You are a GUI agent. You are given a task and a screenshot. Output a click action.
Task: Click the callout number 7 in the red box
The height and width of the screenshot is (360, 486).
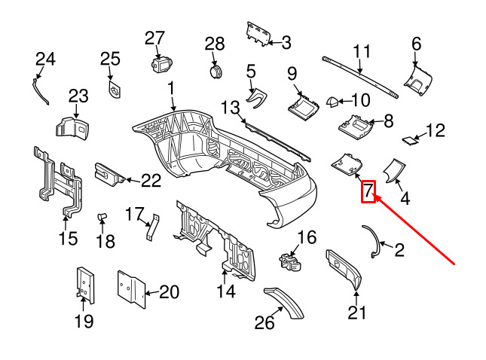click(x=368, y=191)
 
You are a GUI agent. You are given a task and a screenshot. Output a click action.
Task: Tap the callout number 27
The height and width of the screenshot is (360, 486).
click(x=154, y=38)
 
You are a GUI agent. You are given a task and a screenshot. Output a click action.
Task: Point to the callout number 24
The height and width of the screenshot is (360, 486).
click(x=46, y=58)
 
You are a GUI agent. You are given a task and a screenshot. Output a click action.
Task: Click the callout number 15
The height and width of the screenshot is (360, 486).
click(x=68, y=239)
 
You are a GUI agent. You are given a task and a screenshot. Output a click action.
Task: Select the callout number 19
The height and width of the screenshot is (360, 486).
click(x=84, y=322)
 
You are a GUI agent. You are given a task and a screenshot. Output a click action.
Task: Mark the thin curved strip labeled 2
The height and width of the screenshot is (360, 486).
click(x=374, y=241)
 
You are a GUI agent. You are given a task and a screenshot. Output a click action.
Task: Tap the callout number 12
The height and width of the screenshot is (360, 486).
click(x=436, y=132)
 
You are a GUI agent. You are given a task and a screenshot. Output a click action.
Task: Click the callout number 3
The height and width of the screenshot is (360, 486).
click(x=286, y=43)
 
